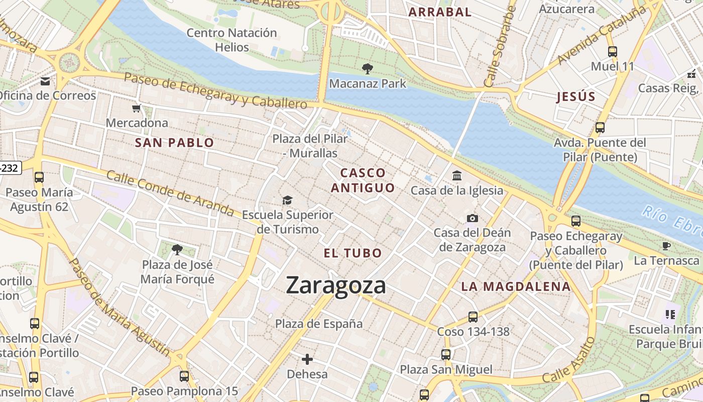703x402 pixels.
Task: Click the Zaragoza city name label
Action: pos(336,285)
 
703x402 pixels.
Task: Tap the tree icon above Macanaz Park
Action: pos(368,69)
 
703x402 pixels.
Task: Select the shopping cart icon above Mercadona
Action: pos(136,109)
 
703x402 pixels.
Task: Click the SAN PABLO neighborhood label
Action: pos(174,143)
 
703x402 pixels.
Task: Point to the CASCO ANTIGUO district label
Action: pos(363,180)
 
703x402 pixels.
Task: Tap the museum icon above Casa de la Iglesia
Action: pos(457,176)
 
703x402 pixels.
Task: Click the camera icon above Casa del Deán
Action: pos(472,218)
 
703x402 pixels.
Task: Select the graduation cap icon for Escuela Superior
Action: pos(287,200)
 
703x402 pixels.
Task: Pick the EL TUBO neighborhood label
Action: pos(353,253)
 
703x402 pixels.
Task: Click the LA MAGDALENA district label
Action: pos(516,287)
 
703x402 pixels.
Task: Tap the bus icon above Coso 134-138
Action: pos(473,317)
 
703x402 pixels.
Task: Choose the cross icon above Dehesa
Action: pos(307,359)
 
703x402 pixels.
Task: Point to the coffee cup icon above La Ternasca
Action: pos(666,246)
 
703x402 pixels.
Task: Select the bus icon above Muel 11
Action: pos(612,52)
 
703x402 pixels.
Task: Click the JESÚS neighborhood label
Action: pos(575,97)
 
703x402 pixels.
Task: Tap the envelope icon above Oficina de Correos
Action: pos(46,81)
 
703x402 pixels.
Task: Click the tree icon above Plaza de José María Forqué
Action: pos(177,249)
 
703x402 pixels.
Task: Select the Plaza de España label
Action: pos(319,324)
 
